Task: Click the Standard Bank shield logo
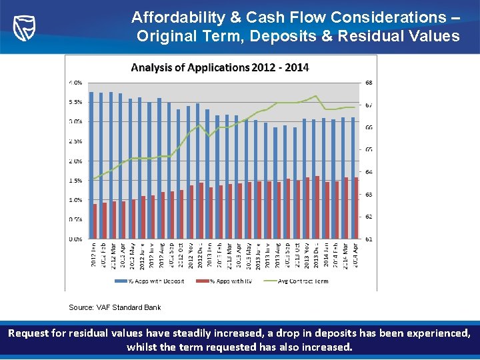coord(25,26)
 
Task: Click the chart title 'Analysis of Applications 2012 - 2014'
coord(219,67)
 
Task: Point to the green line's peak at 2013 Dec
coord(315,96)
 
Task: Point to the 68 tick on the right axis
coord(369,83)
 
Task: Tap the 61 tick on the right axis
coord(369,239)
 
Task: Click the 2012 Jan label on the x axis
coord(93,256)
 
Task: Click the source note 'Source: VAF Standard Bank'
coord(115,307)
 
